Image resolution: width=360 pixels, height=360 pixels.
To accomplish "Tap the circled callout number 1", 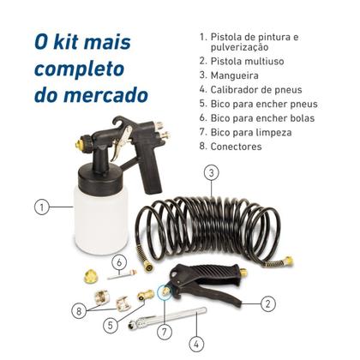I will tap(39, 207).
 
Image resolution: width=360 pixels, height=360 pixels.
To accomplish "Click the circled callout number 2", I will tap(267, 303).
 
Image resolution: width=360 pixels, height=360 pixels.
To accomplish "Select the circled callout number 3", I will tap(210, 172).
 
